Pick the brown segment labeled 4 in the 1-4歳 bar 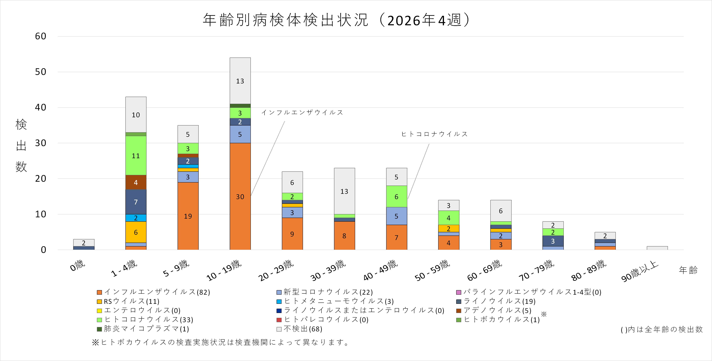(136, 182)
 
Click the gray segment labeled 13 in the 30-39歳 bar (344, 191)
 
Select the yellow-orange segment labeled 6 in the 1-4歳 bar (136, 232)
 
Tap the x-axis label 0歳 (77, 266)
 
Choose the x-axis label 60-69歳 (485, 270)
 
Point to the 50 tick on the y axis (41, 72)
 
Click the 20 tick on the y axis (41, 179)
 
